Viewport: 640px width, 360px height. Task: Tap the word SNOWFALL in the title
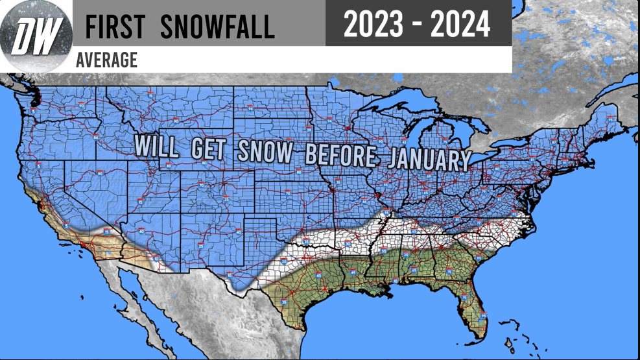[x=217, y=27]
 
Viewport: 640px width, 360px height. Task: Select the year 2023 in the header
[x=373, y=24]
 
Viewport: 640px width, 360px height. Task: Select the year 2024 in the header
[x=459, y=24]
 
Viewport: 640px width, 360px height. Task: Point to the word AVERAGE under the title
[x=106, y=60]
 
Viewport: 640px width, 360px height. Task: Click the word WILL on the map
[x=156, y=146]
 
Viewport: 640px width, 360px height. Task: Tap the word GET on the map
[x=208, y=149]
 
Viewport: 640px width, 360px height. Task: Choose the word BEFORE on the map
[x=340, y=156]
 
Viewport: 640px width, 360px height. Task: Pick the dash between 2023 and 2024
[x=417, y=25]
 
